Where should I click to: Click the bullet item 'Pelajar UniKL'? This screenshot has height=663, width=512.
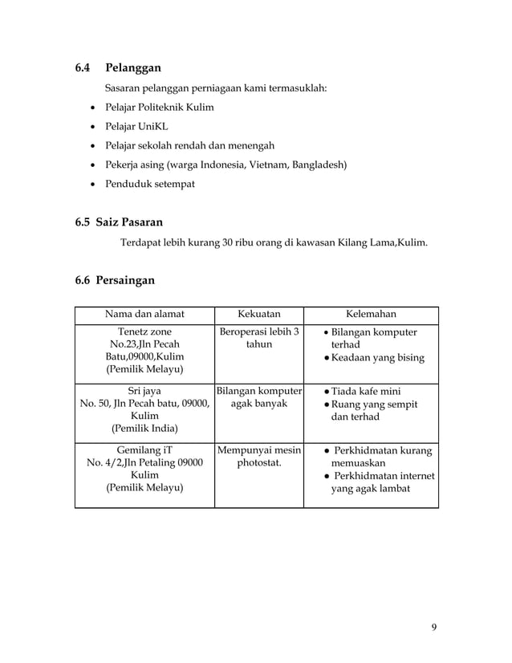pos(133,126)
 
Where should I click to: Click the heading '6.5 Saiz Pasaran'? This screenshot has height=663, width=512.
pos(119,221)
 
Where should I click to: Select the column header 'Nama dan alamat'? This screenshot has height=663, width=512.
pos(144,314)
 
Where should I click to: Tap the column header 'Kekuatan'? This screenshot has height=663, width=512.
pos(258,314)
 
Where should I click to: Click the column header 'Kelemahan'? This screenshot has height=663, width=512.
pos(371,314)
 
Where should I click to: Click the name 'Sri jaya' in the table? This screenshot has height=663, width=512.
pos(144,391)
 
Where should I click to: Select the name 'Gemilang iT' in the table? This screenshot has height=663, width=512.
pos(144,449)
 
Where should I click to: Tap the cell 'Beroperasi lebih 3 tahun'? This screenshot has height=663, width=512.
pos(258,338)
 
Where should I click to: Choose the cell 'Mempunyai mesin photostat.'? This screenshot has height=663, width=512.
pos(258,455)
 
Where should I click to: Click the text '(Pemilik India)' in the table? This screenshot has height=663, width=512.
pos(144,429)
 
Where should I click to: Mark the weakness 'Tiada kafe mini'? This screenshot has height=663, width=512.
pos(372,391)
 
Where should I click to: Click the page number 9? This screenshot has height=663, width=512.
pos(434,627)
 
